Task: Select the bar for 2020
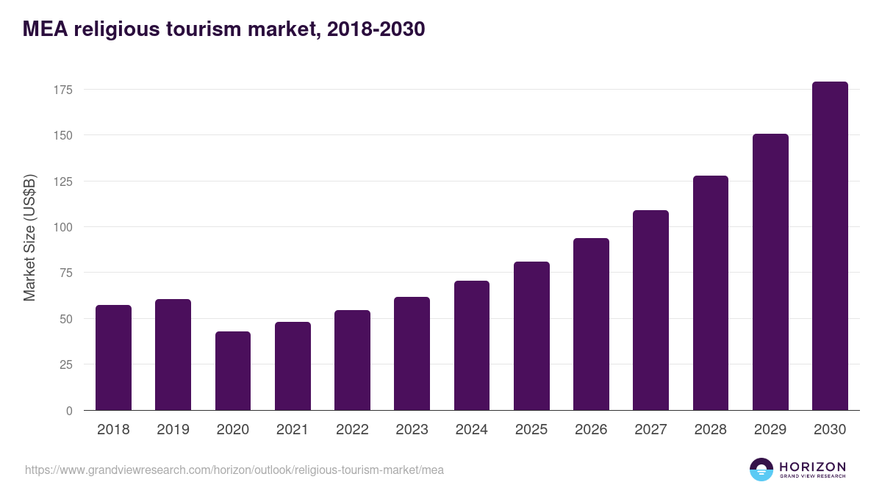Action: click(233, 371)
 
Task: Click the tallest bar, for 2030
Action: click(830, 246)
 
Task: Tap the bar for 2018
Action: click(113, 358)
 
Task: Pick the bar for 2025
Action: click(531, 336)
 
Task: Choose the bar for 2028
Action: click(711, 293)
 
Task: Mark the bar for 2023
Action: click(412, 353)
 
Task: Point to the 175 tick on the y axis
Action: click(63, 90)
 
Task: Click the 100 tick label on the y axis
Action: click(63, 227)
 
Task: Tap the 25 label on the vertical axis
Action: click(66, 364)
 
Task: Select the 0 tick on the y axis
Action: click(69, 411)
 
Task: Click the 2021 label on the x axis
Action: click(293, 430)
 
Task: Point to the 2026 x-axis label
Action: click(591, 430)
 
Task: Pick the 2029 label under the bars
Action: click(770, 430)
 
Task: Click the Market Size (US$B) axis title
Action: click(29, 237)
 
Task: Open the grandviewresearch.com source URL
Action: click(234, 470)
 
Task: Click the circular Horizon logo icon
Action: click(761, 470)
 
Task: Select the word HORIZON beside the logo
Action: click(812, 466)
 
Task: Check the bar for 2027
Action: click(651, 310)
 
